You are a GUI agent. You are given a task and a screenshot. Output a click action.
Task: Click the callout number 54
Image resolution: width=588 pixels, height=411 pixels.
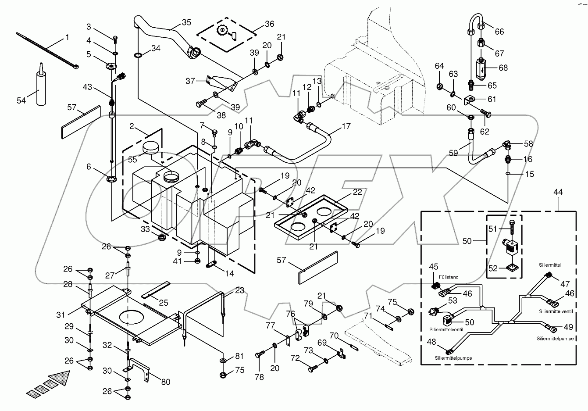(21, 101)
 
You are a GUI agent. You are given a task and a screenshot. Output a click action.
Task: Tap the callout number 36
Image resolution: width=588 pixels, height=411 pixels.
(269, 24)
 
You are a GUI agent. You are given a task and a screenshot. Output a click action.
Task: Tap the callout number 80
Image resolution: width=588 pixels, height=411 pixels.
(165, 382)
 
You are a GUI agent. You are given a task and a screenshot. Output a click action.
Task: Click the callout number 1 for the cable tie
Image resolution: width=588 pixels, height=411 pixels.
(67, 38)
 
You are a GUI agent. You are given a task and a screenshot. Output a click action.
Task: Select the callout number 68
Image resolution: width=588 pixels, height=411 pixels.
(503, 68)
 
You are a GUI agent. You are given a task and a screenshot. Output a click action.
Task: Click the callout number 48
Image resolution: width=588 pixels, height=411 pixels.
(432, 342)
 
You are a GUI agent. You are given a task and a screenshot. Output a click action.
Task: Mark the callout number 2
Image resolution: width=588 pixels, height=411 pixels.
(132, 127)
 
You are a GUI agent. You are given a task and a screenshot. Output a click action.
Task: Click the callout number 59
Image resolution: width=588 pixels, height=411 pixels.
(453, 153)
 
